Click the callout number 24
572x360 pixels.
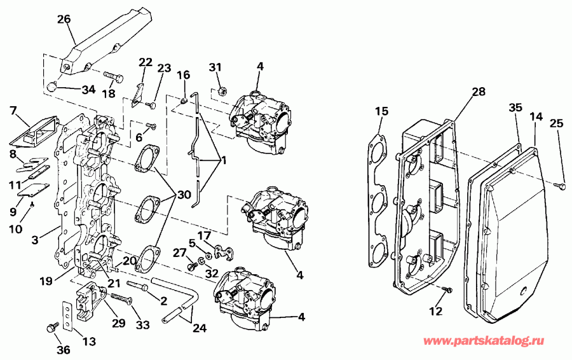click(x=200, y=329)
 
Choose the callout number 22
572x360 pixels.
click(x=146, y=62)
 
